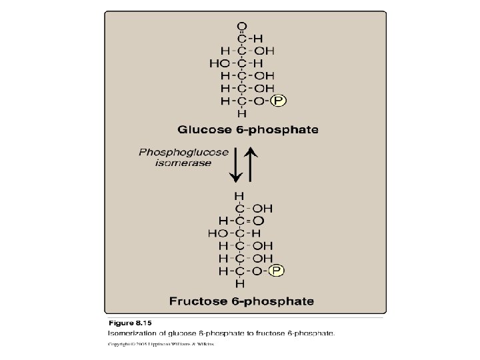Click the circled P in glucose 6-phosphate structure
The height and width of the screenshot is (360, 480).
click(278, 101)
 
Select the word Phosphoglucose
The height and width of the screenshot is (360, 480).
click(175, 152)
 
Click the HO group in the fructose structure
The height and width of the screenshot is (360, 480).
click(218, 233)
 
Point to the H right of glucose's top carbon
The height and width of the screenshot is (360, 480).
click(258, 38)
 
